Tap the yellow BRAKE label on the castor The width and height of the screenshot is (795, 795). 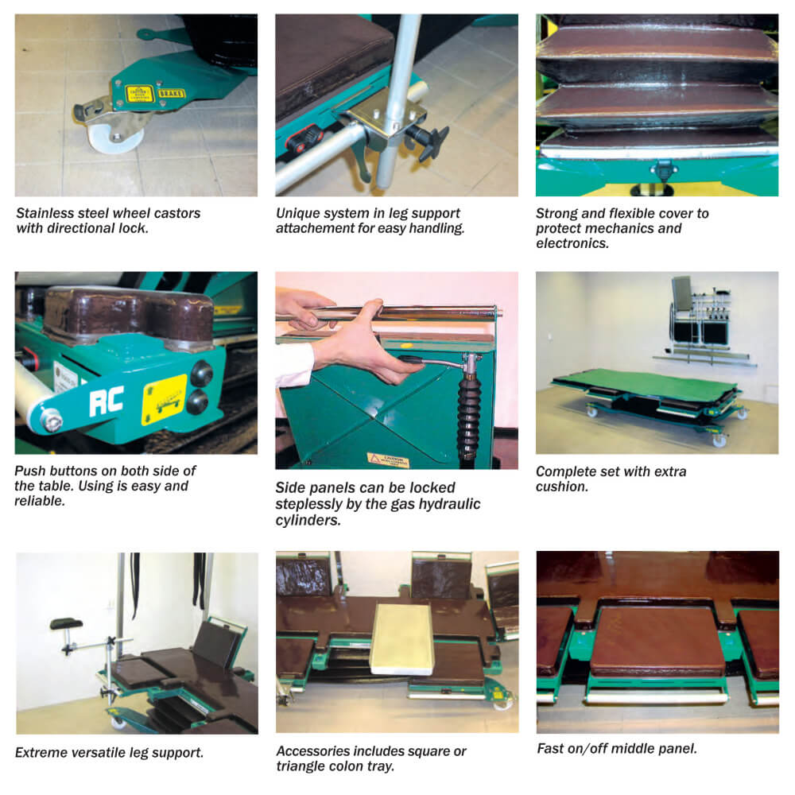172,93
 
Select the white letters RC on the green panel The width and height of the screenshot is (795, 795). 106,400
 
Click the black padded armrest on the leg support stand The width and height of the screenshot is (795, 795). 67,623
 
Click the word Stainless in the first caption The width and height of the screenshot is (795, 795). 46,213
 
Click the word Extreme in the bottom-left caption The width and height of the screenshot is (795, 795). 41,751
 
